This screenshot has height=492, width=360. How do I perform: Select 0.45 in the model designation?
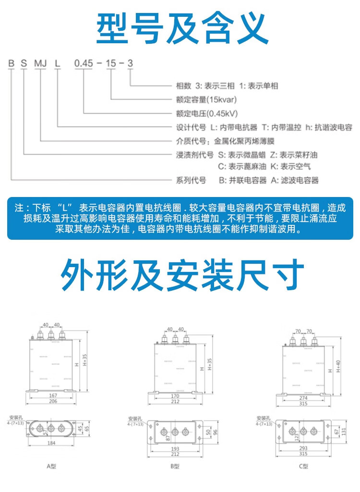click(x=82, y=63)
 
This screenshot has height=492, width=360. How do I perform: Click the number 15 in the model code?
click(x=111, y=63)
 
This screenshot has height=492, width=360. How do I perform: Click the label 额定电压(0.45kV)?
click(x=204, y=114)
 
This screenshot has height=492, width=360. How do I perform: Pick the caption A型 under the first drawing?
click(x=52, y=466)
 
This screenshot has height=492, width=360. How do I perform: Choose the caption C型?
click(x=302, y=466)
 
